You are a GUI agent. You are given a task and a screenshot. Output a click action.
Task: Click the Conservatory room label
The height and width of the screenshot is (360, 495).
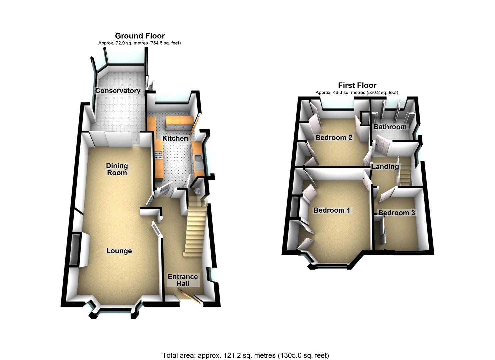pyautogui.click(x=118, y=91)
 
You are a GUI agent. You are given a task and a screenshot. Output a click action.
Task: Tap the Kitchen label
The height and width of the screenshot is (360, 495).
pyautogui.click(x=175, y=138)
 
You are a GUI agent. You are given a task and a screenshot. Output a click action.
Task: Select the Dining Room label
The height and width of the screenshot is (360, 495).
pyautogui.click(x=117, y=169)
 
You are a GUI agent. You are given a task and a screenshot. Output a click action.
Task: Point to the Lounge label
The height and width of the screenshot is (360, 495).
pyautogui.click(x=119, y=251)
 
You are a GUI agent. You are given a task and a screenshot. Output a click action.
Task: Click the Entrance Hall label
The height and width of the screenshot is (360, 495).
pyautogui.click(x=183, y=280)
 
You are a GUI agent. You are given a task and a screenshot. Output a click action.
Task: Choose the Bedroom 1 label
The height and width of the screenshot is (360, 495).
pyautogui.click(x=332, y=210)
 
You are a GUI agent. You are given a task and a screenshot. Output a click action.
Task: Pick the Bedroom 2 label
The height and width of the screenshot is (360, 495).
pyautogui.click(x=334, y=137)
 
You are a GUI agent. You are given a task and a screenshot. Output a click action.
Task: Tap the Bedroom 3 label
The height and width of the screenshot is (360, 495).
pyautogui.click(x=396, y=213)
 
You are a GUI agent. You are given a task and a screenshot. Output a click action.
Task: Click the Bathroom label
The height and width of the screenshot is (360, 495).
pyautogui.click(x=390, y=127)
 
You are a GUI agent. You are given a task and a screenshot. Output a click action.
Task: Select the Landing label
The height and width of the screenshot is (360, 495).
pyautogui.click(x=385, y=166)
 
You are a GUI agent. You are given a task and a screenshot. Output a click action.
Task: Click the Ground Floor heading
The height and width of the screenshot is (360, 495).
pyautogui.click(x=140, y=36)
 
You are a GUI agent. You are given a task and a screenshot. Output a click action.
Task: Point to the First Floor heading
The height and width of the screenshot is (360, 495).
pyautogui.click(x=357, y=85)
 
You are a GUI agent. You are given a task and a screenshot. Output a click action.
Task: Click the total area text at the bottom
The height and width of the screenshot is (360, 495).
pyautogui.click(x=246, y=355)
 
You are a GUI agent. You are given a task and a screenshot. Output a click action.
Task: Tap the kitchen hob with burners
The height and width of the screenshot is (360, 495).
pyautogui.click(x=158, y=155)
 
